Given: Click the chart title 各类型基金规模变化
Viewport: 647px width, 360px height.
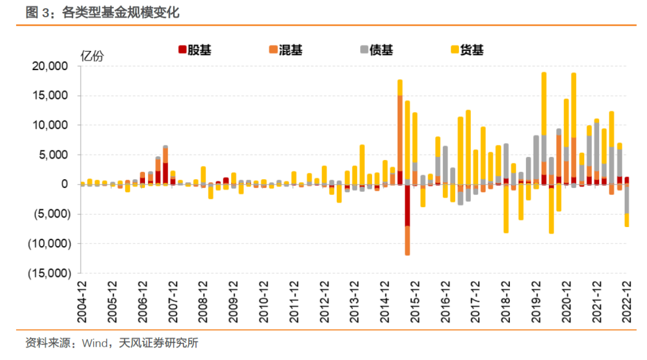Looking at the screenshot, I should (120, 13).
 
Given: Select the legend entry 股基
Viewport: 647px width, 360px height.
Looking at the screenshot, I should (195, 50).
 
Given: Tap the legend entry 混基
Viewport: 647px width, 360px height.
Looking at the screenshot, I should (286, 50).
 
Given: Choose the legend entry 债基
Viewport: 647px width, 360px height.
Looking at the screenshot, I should (376, 50).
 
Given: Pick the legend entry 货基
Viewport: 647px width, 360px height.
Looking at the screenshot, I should (467, 50).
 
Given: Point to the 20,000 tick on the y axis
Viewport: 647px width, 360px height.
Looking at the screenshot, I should (50, 66).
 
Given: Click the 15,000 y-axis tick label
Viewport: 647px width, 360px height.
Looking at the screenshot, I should (50, 96).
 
